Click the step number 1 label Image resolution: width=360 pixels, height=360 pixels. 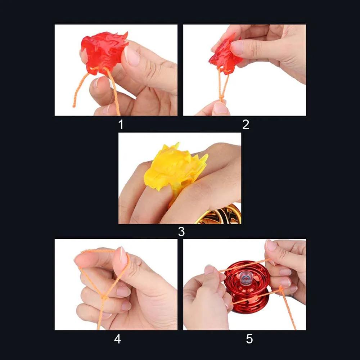pos(121,125)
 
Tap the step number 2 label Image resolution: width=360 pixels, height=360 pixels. pos(246,125)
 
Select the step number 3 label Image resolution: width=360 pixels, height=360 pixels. pos(181,232)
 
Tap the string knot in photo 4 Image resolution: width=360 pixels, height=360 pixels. pos(104,297)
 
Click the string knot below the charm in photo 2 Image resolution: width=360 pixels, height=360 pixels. pos(221,98)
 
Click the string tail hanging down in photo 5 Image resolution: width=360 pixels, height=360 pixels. pos(290,313)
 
